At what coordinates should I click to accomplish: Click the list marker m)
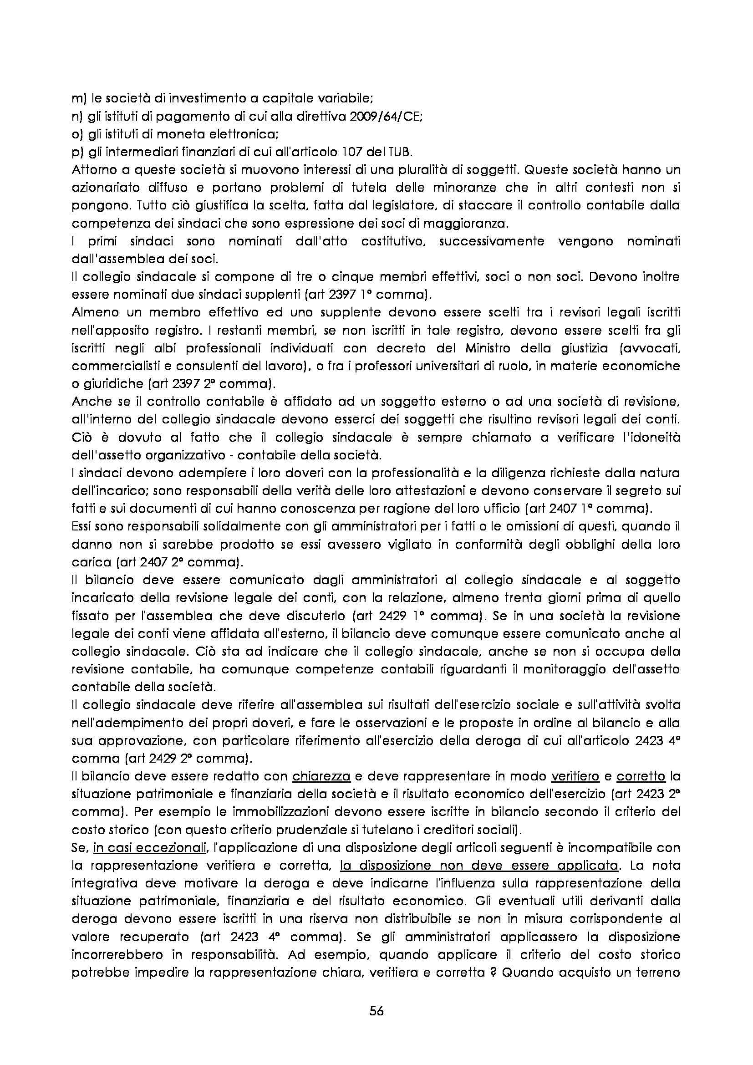(x=77, y=99)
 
